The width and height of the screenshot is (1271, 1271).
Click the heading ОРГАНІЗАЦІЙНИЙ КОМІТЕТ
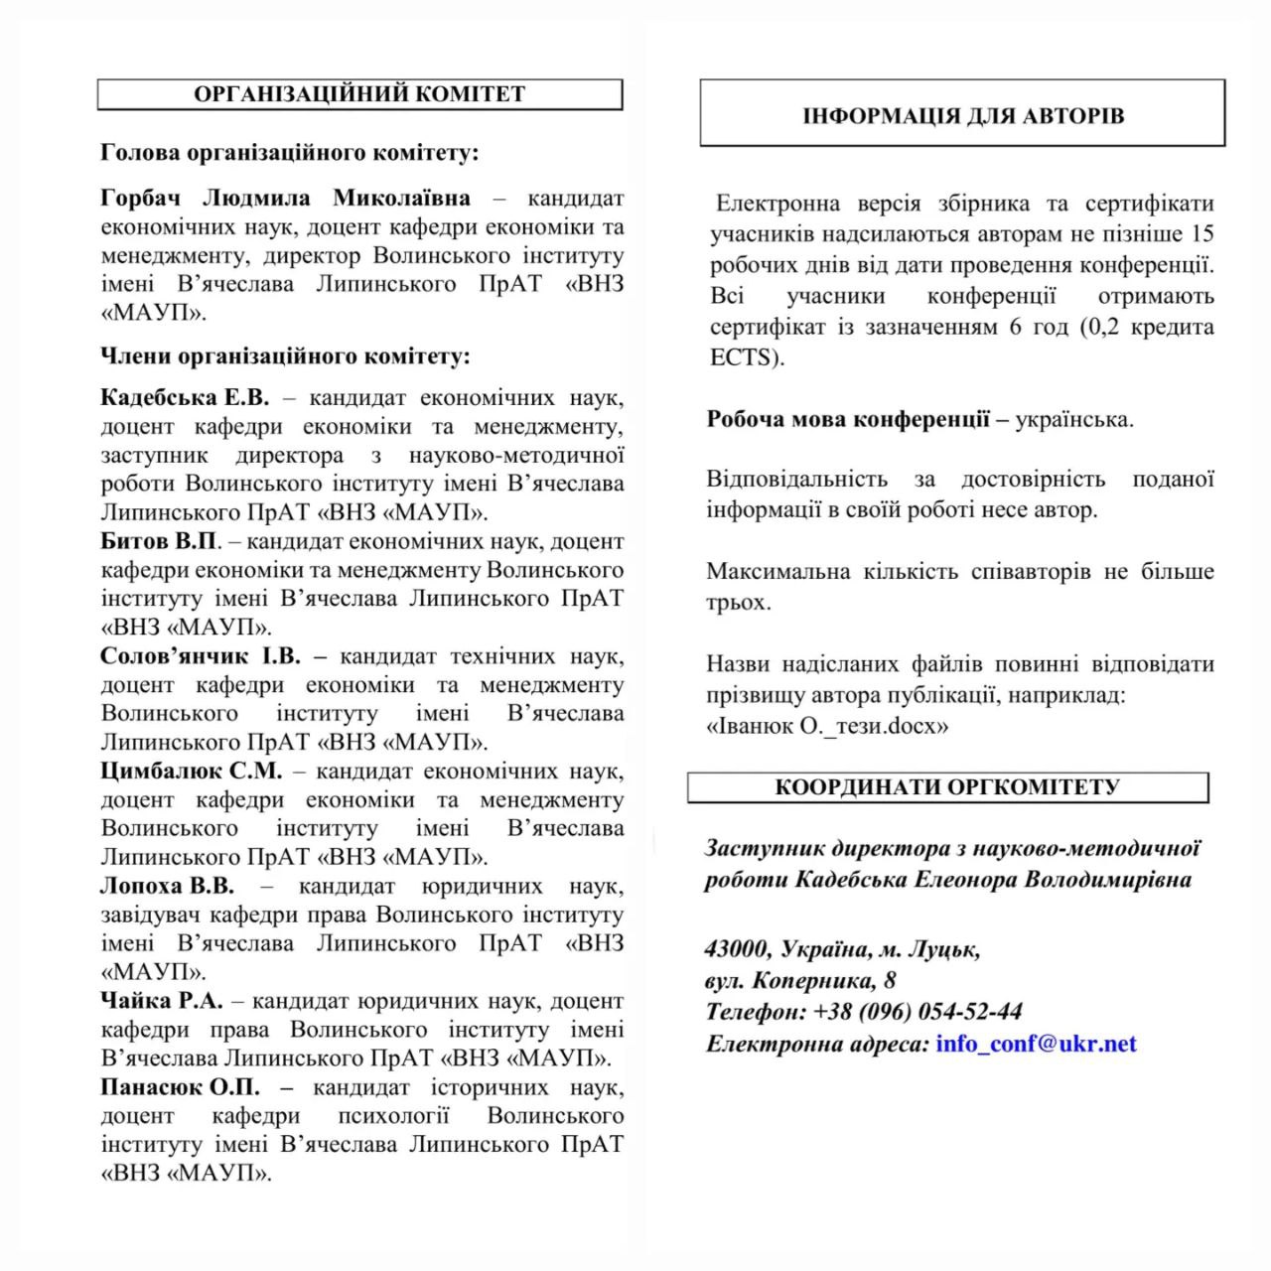click(x=359, y=94)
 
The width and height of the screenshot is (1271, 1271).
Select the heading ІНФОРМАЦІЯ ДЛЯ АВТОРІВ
click(x=962, y=116)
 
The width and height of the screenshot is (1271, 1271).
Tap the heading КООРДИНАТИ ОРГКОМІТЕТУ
click(x=947, y=787)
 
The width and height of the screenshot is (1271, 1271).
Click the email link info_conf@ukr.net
click(x=1036, y=1044)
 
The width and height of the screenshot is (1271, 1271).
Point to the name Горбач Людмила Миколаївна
click(x=286, y=198)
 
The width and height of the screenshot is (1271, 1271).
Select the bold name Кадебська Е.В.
click(x=185, y=398)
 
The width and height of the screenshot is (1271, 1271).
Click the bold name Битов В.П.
click(x=159, y=541)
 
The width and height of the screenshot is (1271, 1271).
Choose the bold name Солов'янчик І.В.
click(x=201, y=656)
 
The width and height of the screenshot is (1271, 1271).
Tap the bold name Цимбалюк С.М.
click(x=192, y=771)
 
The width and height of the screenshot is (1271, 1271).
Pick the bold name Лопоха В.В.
click(x=167, y=886)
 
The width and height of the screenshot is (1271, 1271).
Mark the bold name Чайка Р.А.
click(x=162, y=1001)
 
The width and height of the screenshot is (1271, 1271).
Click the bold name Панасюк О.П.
click(x=180, y=1087)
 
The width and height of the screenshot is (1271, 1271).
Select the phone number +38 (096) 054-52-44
click(x=918, y=1012)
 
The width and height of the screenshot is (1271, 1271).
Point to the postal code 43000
click(x=737, y=949)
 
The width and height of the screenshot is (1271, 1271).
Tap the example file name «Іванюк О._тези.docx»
click(x=827, y=726)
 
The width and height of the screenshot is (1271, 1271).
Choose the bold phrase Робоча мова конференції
click(x=848, y=419)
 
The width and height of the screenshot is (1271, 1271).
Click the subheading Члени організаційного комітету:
click(x=286, y=355)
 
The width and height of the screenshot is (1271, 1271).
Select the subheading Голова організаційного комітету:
click(x=290, y=153)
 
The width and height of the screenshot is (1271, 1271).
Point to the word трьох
click(x=738, y=603)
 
